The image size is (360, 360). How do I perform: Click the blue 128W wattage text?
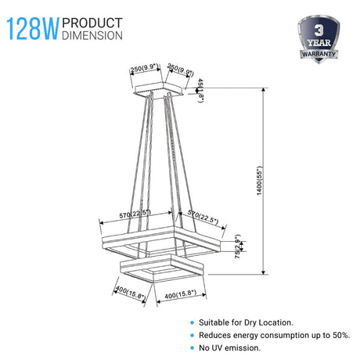[33, 29]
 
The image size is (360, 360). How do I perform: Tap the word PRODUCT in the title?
[92, 23]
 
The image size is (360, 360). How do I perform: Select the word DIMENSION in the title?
[92, 35]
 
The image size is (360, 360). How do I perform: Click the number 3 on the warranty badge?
[319, 31]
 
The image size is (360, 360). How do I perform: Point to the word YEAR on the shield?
[319, 42]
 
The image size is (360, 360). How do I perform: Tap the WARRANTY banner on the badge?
[319, 54]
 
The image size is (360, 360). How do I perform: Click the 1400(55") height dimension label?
[259, 181]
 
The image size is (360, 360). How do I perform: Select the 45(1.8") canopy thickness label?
[200, 90]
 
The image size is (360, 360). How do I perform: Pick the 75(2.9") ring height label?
[238, 247]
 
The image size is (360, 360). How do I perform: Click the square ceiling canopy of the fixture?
[159, 90]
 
